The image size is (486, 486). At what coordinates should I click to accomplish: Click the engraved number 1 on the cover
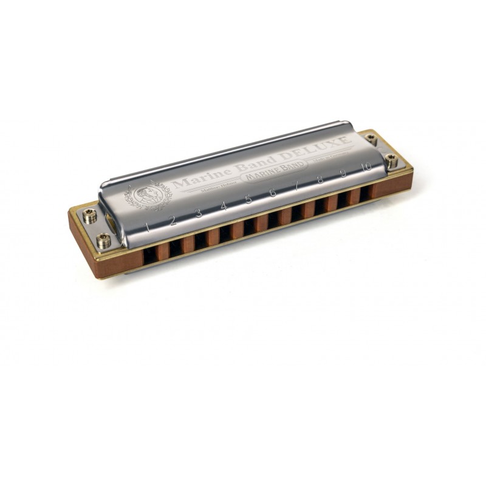tap(148, 227)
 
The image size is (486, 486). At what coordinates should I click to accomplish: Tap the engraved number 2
tap(173, 219)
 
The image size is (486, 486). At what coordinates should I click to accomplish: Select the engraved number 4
tap(224, 207)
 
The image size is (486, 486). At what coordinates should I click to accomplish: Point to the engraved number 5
tap(248, 199)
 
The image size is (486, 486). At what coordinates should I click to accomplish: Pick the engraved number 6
tap(272, 193)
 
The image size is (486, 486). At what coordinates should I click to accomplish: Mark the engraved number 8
tap(320, 179)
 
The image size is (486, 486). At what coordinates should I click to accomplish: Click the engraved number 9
tap(343, 173)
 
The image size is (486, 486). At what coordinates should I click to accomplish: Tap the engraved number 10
tap(366, 166)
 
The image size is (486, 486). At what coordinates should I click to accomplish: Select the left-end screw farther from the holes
tap(90, 214)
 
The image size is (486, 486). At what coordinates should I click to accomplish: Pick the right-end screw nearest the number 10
tap(391, 160)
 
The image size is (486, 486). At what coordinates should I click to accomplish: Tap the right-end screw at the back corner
tap(371, 140)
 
